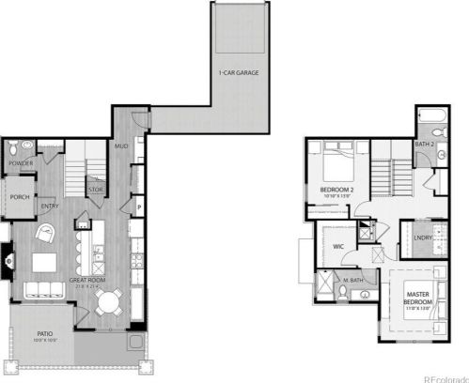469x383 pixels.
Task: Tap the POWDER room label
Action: (21, 164)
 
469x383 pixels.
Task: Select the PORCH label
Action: (21, 197)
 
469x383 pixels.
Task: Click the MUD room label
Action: (121, 146)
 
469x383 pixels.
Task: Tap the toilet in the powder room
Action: (11, 149)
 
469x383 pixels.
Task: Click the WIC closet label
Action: (338, 246)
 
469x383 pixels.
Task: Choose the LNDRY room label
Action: (412, 239)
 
